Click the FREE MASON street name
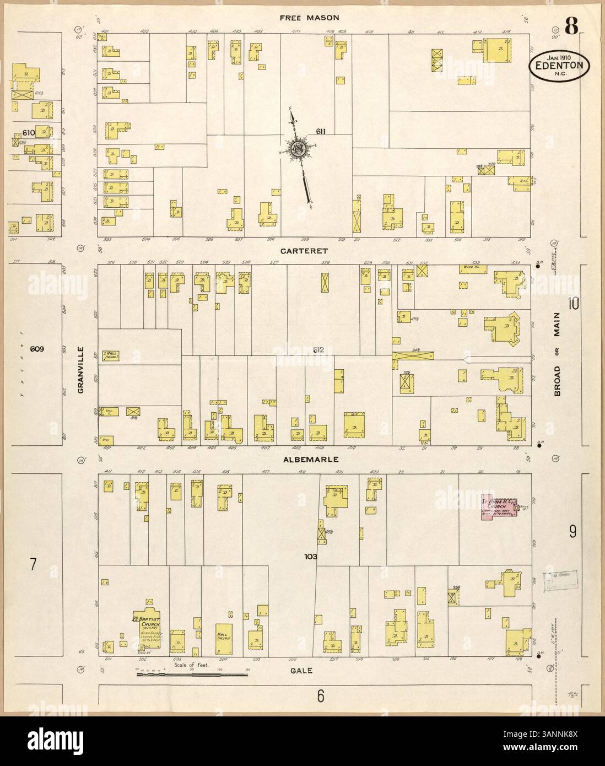(309, 18)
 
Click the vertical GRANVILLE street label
(80, 369)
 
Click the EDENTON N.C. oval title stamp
(559, 66)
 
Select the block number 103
(311, 557)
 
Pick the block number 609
(37, 349)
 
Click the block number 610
(29, 133)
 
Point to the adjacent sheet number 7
(33, 564)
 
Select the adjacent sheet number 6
(319, 697)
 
